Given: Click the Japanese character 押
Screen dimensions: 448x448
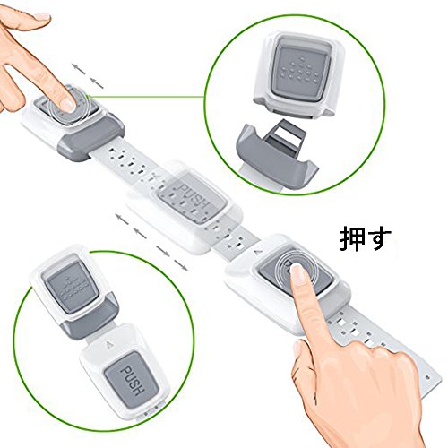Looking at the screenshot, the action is (353, 239).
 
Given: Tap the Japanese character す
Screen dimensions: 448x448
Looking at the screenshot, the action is (378, 239).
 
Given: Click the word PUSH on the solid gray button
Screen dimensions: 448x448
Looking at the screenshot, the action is (132, 380).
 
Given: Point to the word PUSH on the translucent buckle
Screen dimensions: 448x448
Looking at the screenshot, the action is (193, 195).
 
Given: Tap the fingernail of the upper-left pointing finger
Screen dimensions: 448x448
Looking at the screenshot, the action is (67, 105).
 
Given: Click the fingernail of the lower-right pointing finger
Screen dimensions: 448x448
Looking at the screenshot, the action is (297, 271).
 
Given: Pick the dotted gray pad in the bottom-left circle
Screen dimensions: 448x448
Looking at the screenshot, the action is (73, 288).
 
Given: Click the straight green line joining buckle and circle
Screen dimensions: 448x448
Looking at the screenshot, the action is (146, 97).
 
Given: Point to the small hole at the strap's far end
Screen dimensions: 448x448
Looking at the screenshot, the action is (428, 377).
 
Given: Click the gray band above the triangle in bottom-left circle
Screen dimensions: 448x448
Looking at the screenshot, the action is (90, 316).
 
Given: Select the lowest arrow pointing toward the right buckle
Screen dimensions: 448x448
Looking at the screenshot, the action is (181, 265).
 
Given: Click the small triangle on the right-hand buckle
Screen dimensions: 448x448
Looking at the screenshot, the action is (256, 253).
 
